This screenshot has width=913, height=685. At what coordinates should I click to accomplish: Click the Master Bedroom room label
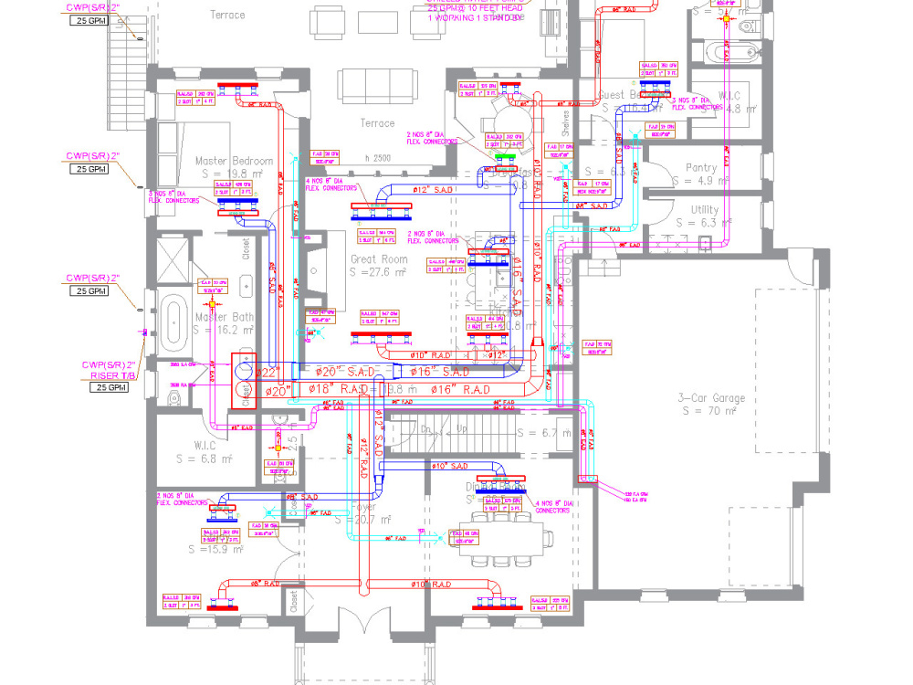pyautogui.click(x=234, y=162)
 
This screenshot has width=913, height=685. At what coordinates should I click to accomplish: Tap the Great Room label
pyautogui.click(x=377, y=259)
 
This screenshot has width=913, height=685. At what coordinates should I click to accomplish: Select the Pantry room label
pyautogui.click(x=701, y=168)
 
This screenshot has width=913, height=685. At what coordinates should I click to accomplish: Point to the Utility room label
pyautogui.click(x=704, y=210)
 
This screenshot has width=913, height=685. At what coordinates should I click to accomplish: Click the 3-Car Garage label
pyautogui.click(x=711, y=398)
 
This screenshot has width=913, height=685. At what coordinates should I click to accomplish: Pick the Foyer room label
pyautogui.click(x=362, y=507)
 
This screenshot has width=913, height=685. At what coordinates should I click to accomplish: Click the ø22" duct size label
pyautogui.click(x=267, y=372)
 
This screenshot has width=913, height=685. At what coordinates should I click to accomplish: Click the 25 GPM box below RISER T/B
pyautogui.click(x=108, y=388)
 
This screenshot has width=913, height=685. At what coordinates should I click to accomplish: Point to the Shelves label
pyautogui.click(x=565, y=122)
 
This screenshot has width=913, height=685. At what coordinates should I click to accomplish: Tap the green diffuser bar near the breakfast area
pyautogui.click(x=504, y=157)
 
